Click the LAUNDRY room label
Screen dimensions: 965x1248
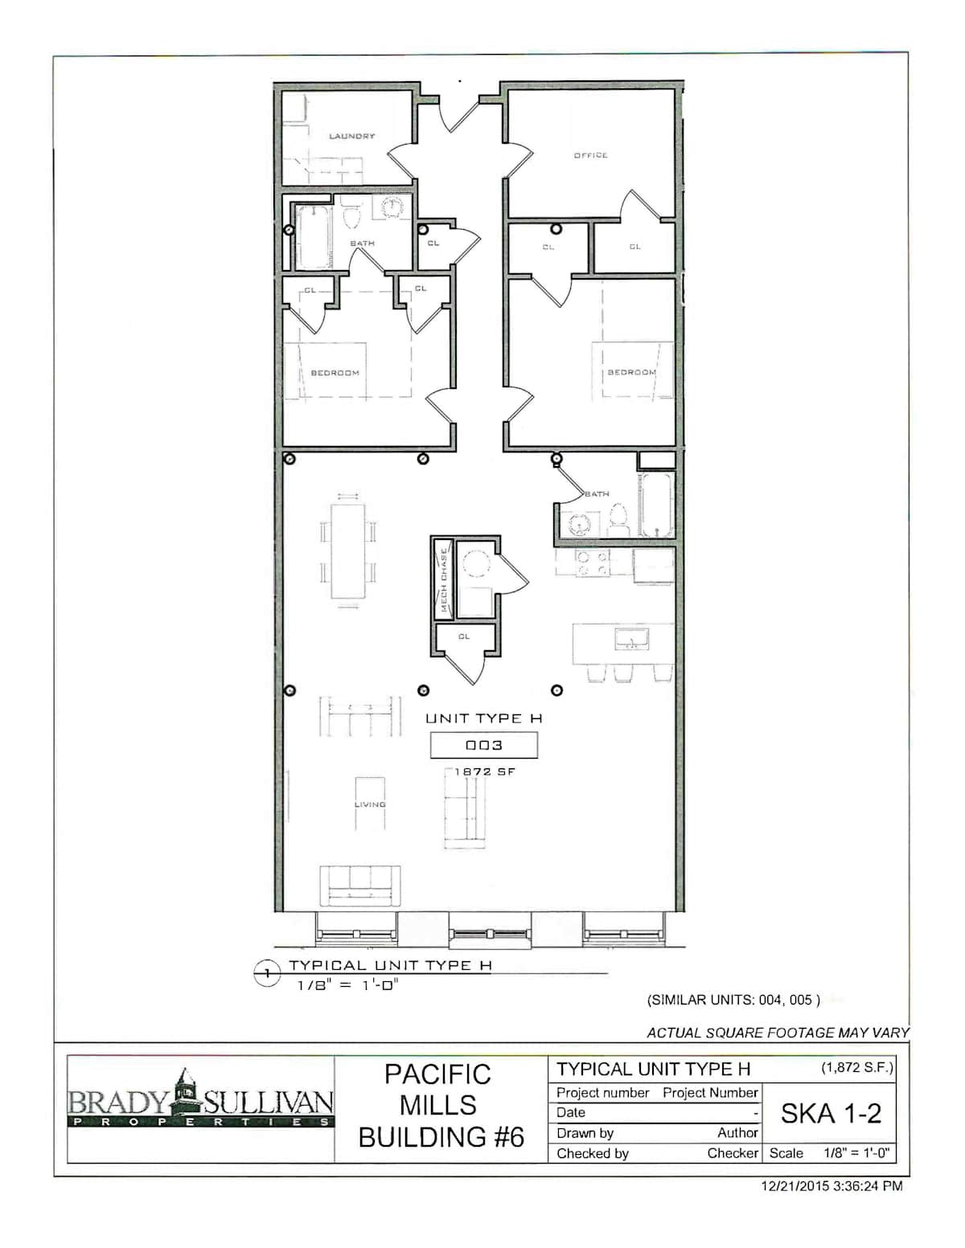click(x=351, y=136)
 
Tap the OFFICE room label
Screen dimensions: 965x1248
click(x=590, y=156)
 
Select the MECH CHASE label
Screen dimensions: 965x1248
click(x=444, y=580)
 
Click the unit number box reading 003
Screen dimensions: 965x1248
click(x=484, y=745)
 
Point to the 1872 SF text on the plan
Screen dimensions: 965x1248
click(x=485, y=772)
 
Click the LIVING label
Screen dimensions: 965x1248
click(x=370, y=804)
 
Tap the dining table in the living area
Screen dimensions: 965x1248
click(x=347, y=550)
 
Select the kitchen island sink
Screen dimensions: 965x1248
click(x=631, y=639)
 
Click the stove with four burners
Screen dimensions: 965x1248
click(x=593, y=563)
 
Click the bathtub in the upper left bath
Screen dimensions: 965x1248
click(x=314, y=237)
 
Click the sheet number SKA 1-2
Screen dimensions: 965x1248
click(x=831, y=1114)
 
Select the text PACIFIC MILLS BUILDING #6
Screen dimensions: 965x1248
click(x=441, y=1106)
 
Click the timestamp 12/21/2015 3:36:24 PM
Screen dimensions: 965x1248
click(x=832, y=1185)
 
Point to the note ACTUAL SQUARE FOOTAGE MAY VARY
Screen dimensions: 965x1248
click(x=778, y=1033)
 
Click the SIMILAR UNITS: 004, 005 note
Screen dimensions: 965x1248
click(x=733, y=1000)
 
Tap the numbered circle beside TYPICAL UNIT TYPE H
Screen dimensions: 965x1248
click(x=267, y=973)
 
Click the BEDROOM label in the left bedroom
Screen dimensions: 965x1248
click(x=335, y=373)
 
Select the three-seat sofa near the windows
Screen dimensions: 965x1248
click(x=360, y=886)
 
